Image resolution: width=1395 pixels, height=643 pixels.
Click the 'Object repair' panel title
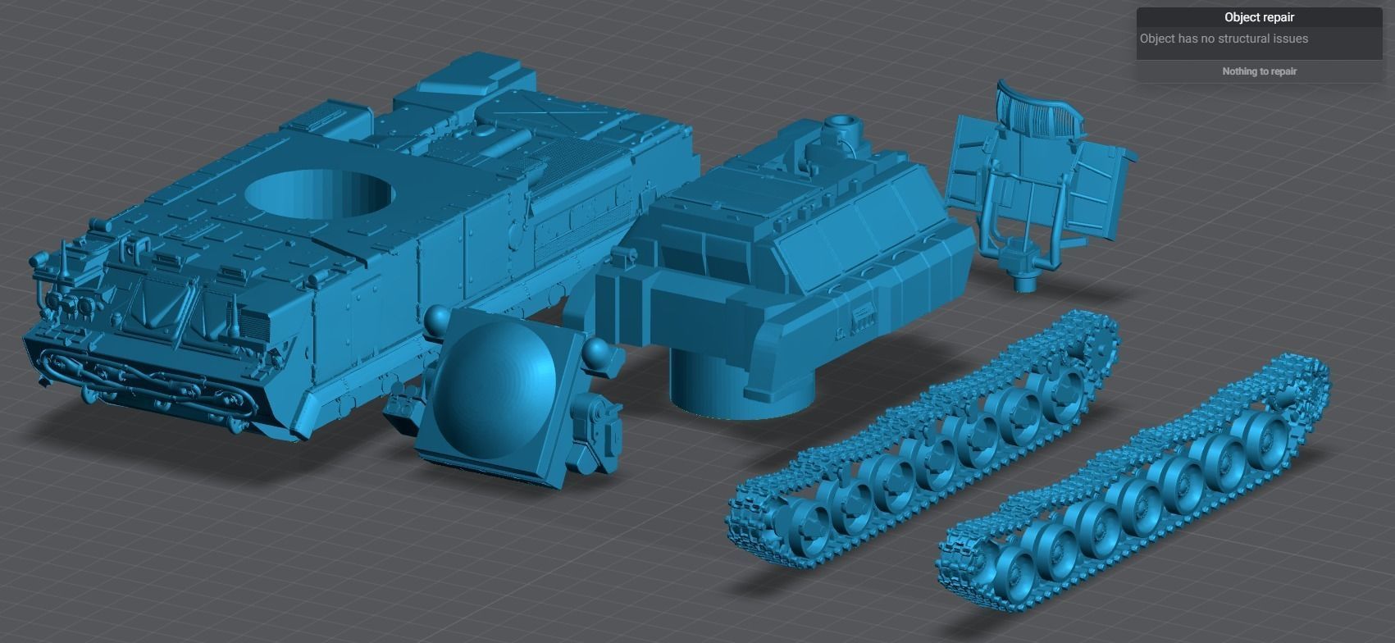[1259, 17]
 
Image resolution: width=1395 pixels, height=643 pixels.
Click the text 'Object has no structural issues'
[1224, 39]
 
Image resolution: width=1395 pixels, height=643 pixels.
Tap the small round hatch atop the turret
[839, 127]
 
